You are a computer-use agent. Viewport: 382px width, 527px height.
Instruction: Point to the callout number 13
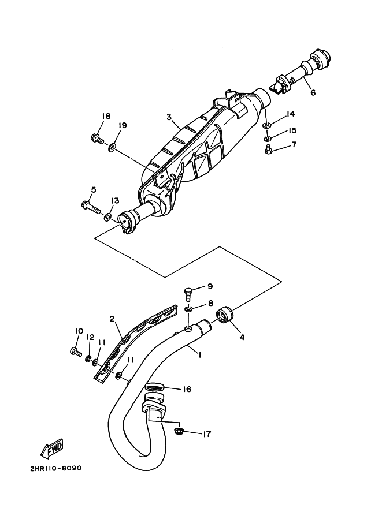click(114, 200)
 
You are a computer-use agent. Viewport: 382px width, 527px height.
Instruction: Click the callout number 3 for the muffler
click(169, 117)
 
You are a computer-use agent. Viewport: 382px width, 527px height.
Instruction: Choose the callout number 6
click(313, 92)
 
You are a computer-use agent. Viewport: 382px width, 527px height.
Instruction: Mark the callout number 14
click(290, 114)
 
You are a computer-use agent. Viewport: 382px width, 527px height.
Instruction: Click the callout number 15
click(292, 130)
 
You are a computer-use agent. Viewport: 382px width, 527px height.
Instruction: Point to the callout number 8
click(210, 302)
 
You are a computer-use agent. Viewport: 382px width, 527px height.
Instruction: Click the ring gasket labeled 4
click(225, 315)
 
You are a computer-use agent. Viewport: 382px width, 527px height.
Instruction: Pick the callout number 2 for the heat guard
click(112, 319)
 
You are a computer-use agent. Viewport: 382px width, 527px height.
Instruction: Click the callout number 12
click(91, 337)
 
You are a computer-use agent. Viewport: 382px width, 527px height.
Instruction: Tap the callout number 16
click(187, 390)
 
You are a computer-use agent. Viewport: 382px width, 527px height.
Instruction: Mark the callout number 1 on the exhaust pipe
click(199, 355)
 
